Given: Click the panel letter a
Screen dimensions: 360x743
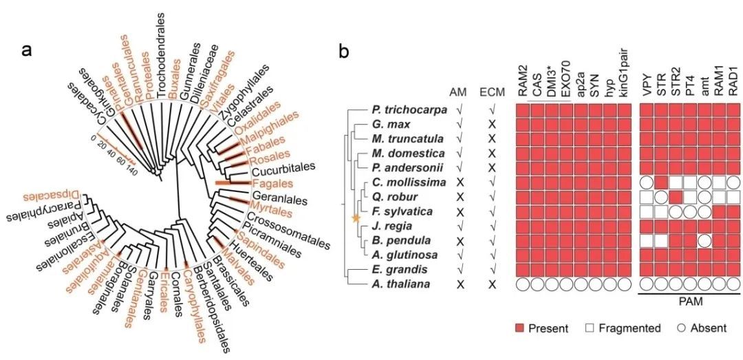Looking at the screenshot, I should point(28,50).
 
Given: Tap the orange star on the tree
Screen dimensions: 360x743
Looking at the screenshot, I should point(356,218).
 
